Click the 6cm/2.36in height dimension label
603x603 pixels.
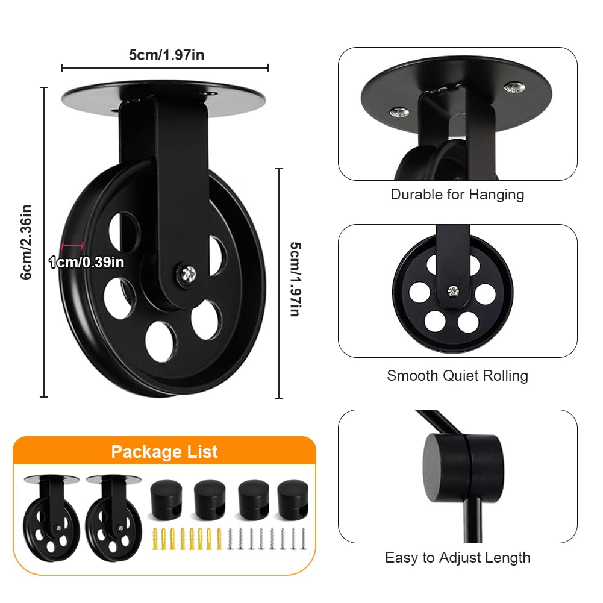click(26, 242)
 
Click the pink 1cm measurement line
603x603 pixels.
click(72, 245)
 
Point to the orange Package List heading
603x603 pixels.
click(164, 452)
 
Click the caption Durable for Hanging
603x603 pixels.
click(457, 195)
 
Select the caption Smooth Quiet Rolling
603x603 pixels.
click(457, 376)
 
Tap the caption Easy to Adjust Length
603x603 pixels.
click(457, 558)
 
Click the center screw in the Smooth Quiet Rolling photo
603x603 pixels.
click(452, 292)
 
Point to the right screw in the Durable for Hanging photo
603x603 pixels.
click(514, 89)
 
